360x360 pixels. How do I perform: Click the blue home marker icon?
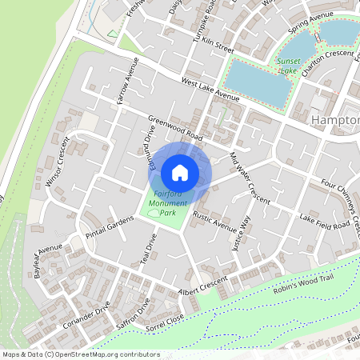[180, 173]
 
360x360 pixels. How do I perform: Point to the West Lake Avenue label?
[210, 90]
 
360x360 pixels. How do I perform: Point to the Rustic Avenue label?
[214, 222]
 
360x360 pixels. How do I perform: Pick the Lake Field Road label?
[325, 221]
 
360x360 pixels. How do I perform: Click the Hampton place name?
[334, 121]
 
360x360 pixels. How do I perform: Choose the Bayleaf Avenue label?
[48, 261]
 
